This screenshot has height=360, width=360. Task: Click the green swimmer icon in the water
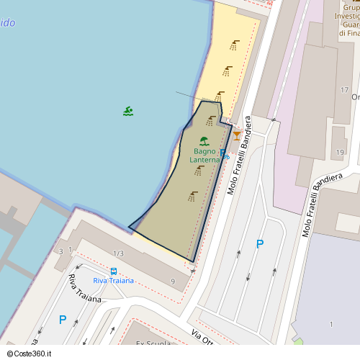tap(127, 111)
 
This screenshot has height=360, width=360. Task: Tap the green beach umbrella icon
tap(204, 141)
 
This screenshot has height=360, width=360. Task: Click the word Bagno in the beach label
tap(204, 151)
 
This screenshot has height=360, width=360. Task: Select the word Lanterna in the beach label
tap(204, 160)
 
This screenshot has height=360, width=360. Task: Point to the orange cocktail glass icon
tap(237, 135)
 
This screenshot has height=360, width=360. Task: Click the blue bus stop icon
tap(114, 271)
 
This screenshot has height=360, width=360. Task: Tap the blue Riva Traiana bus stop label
tap(114, 280)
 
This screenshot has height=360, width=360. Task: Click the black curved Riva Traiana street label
tap(85, 287)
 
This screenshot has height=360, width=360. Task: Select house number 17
tap(344, 89)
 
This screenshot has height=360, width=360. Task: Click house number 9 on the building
tap(173, 281)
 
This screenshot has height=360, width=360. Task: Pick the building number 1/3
tap(119, 253)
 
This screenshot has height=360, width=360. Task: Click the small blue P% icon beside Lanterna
tap(225, 154)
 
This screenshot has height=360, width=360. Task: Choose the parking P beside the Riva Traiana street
tap(63, 320)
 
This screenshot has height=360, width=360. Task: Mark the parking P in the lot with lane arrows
tap(260, 244)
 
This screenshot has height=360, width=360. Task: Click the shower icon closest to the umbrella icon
tap(211, 121)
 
